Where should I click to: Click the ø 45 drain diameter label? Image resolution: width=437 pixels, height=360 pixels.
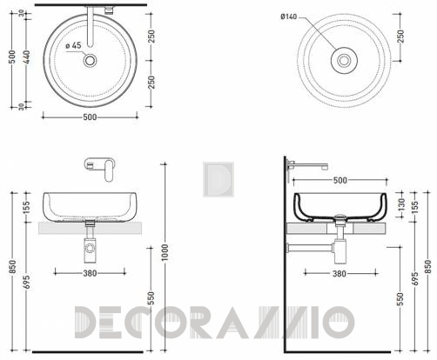point(73,45)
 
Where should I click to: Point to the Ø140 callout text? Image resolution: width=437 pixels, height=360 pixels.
point(288,17)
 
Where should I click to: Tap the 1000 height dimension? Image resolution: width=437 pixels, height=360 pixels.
point(165,252)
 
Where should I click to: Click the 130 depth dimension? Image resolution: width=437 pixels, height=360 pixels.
point(401,204)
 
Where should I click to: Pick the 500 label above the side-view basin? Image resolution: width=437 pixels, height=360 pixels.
point(340,180)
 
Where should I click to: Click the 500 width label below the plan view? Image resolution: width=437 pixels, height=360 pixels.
point(90,117)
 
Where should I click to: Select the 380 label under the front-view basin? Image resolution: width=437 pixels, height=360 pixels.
point(90,273)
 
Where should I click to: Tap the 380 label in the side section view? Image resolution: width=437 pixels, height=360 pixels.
point(340,273)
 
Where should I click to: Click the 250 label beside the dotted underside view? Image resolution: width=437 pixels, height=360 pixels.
point(400,37)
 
